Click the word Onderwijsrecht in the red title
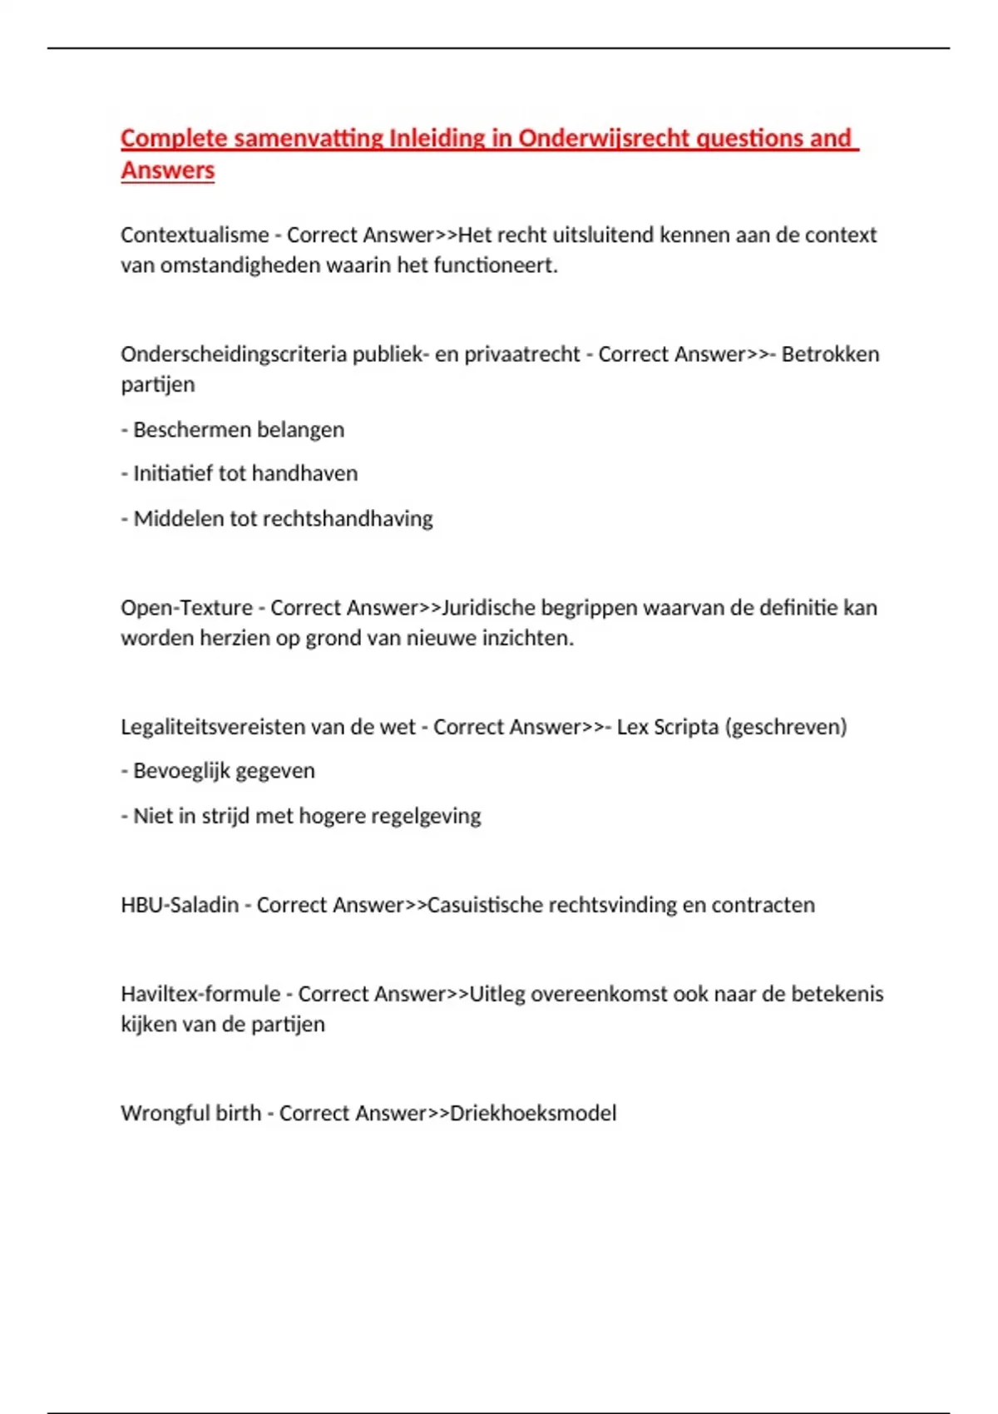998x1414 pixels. pos(603,138)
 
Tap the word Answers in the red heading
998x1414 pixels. pos(168,171)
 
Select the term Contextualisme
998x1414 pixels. pos(195,235)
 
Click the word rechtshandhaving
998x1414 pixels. pos(348,519)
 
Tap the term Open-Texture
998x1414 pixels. pos(186,608)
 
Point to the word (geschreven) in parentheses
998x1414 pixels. pos(786,727)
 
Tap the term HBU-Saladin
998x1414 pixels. pos(180,905)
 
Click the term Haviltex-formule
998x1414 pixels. pos(200,994)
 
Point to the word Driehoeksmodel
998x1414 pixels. pos(532,1113)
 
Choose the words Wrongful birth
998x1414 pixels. pos(190,1113)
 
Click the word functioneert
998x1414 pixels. pos(495,266)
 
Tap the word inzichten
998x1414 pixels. pos(528,639)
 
